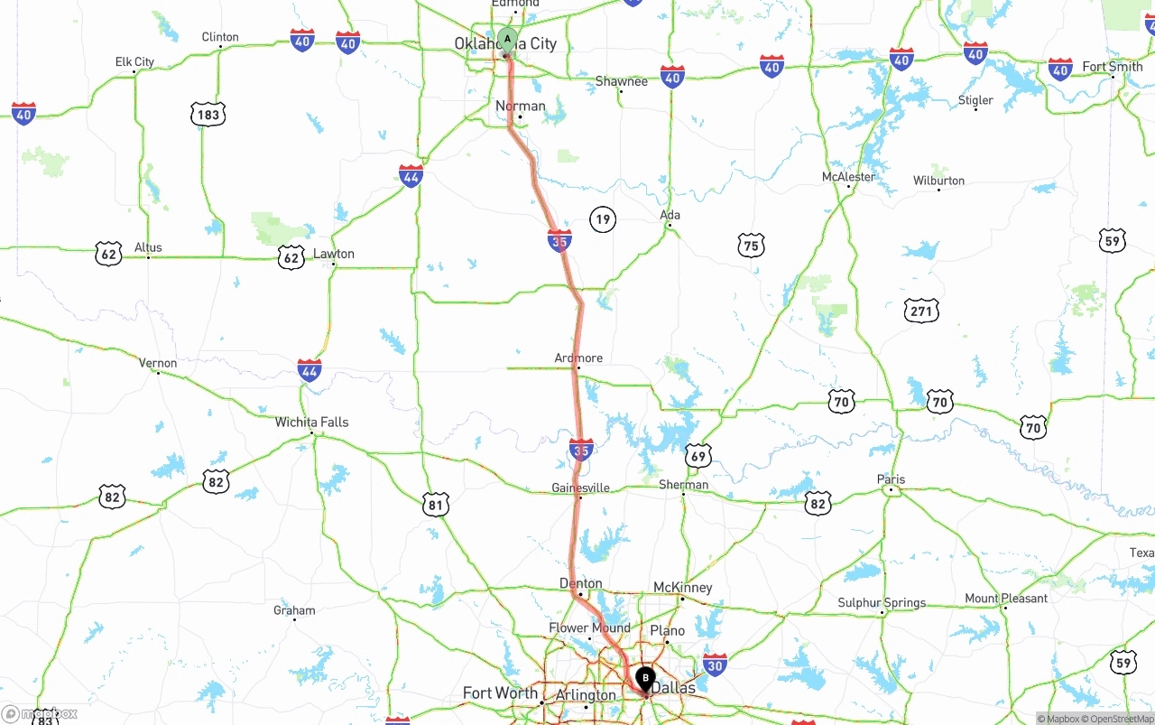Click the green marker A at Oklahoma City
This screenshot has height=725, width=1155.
[507, 40]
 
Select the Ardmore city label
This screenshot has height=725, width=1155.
[578, 358]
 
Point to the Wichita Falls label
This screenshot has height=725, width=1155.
[311, 422]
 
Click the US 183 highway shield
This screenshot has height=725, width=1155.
[208, 115]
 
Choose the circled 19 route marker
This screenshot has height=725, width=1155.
[603, 218]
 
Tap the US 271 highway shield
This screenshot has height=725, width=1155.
[921, 311]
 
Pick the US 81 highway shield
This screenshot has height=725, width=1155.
[436, 505]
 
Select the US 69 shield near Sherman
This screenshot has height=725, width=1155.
[698, 456]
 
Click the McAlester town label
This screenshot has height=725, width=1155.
[848, 177]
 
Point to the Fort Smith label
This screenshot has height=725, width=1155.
[1112, 67]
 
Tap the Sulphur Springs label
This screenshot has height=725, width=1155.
[882, 602]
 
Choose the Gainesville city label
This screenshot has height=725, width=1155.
[580, 488]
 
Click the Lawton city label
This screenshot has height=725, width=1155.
[334, 254]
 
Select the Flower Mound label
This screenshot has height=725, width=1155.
[589, 627]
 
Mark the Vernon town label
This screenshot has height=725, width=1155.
[158, 363]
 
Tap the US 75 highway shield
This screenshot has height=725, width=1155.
[751, 245]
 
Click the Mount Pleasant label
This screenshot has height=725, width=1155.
[1006, 598]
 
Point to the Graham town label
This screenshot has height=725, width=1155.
[294, 610]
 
